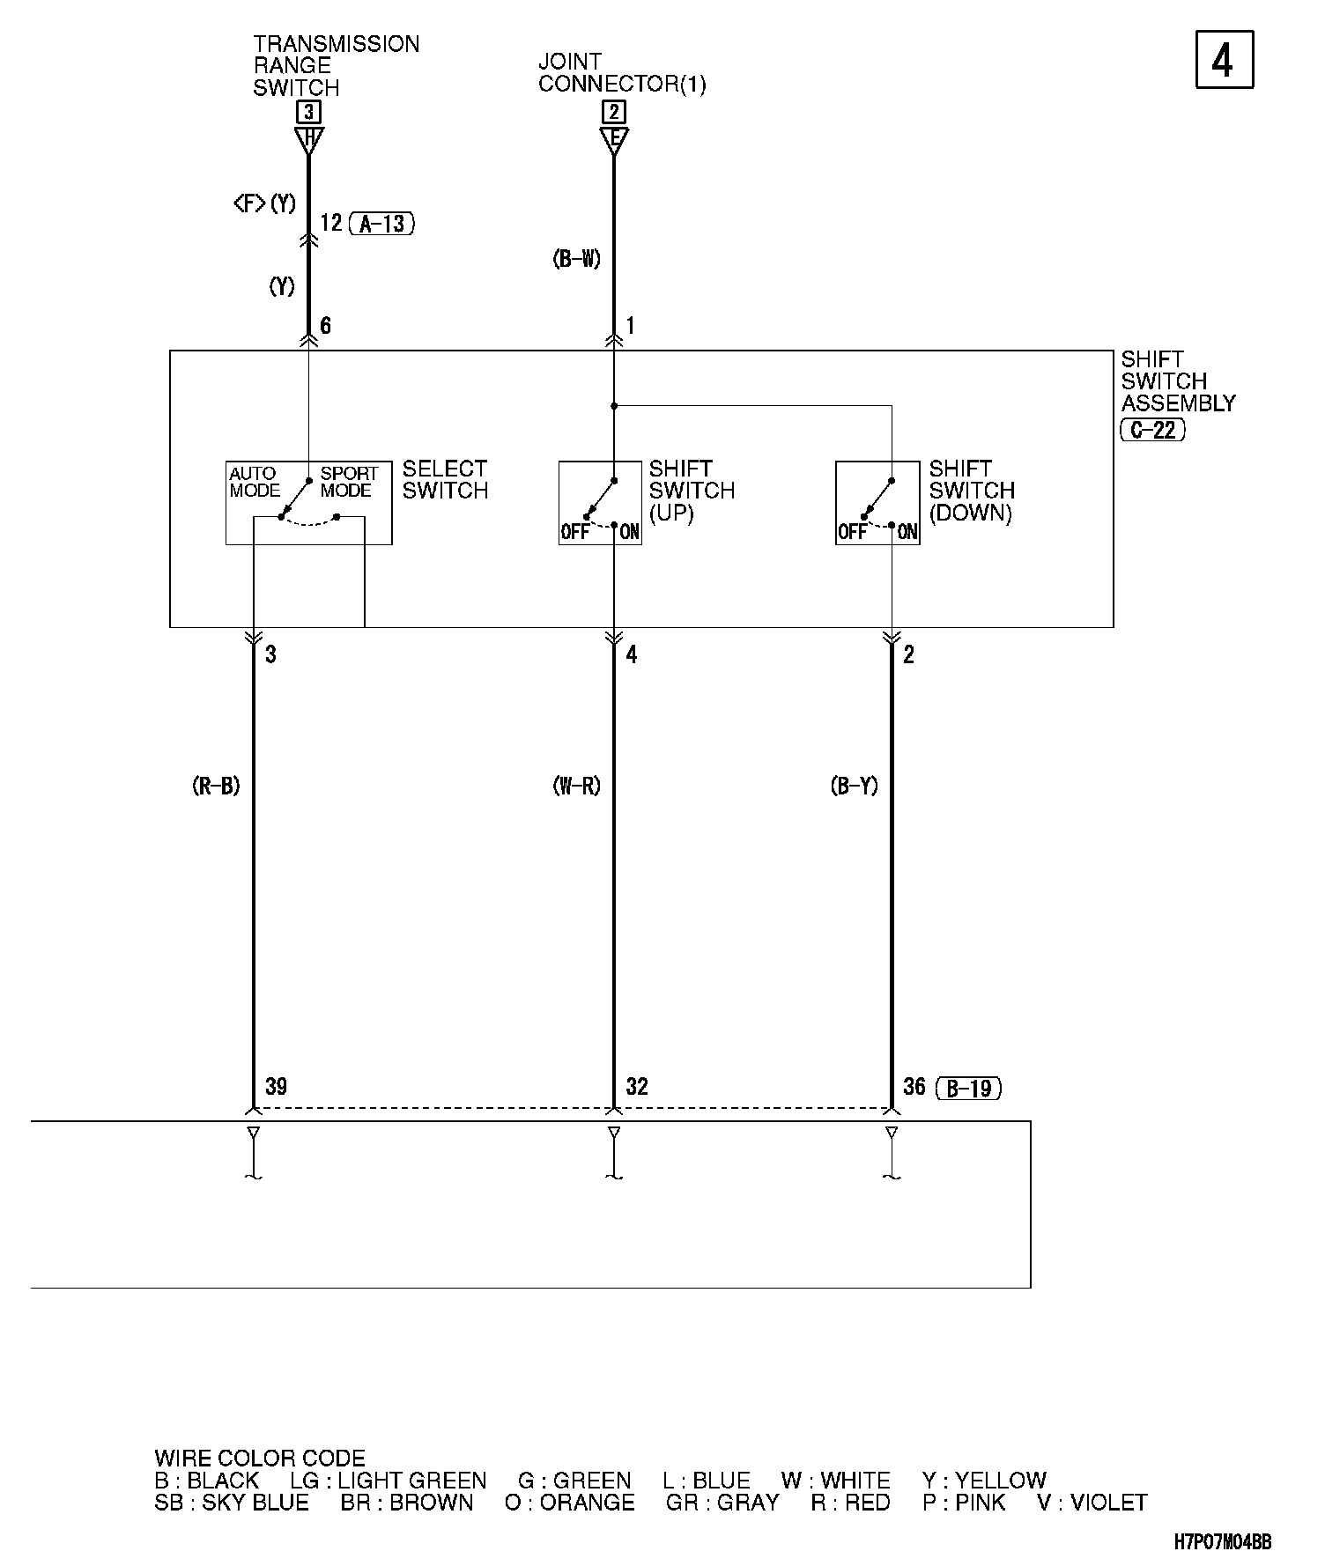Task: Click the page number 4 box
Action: (1224, 60)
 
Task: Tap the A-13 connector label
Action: (381, 224)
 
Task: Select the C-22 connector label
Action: (1152, 430)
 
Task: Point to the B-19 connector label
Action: (969, 1089)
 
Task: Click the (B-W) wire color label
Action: (577, 259)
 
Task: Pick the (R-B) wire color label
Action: (216, 786)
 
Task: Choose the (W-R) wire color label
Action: (577, 786)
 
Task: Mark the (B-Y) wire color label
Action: (855, 786)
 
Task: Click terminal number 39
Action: (276, 1086)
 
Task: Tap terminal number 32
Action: (637, 1086)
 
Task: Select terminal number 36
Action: (914, 1086)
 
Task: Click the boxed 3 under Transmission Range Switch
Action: (308, 112)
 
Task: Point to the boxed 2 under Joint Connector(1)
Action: (614, 112)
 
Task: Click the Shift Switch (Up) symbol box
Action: (600, 503)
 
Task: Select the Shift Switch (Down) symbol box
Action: (877, 503)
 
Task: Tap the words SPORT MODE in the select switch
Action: (349, 482)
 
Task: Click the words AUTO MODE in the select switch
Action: (255, 482)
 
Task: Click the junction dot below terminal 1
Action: (614, 406)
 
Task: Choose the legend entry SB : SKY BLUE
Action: (232, 1503)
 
